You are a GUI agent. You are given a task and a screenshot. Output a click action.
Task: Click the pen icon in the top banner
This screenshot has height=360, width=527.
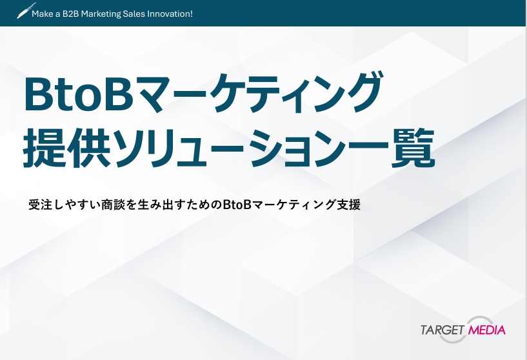pos(26,11)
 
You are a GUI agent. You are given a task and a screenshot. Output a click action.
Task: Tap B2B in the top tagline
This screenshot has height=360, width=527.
pos(70,14)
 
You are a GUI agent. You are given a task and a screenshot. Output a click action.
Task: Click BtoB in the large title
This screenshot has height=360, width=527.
pos(79,95)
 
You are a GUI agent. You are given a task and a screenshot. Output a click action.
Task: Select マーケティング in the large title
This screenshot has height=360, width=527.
pos(259,94)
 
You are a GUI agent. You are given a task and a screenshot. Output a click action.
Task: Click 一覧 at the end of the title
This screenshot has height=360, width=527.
pos(411,147)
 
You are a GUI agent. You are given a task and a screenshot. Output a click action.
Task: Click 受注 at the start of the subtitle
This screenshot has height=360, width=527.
pos(41,205)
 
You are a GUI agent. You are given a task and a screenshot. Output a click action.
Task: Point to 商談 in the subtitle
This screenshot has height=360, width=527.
pos(114,205)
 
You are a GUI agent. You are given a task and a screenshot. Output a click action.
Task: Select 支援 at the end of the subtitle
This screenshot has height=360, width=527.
pos(348,205)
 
